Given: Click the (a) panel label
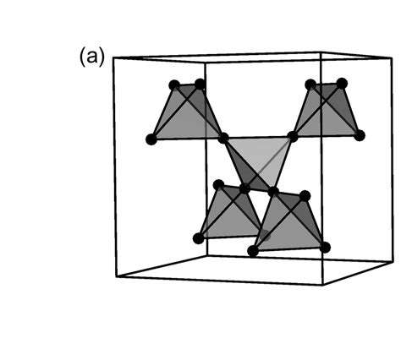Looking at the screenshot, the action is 92,57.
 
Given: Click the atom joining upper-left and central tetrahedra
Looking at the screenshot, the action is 223,138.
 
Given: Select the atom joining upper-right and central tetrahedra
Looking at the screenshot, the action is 293,137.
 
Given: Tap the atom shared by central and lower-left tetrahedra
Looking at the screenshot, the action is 244,188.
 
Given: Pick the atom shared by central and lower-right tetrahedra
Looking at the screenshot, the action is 273,192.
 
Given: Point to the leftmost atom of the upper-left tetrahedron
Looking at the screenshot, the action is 151,139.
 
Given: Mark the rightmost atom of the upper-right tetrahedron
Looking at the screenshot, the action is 360,135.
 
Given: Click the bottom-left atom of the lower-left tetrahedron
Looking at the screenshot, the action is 199,238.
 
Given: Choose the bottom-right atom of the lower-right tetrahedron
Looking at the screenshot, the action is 325,248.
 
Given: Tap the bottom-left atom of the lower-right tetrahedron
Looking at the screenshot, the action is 253,251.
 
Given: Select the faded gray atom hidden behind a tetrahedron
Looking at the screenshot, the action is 265,236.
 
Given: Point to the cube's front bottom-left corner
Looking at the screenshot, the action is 116,277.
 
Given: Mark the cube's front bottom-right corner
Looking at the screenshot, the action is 323,285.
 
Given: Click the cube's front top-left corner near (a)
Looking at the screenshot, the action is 113,57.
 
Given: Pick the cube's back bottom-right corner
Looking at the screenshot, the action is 393,262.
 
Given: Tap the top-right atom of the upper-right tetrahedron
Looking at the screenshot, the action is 342,83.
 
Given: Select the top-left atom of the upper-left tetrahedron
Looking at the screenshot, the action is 174,85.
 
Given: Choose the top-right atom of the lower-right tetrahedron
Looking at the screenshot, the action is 305,196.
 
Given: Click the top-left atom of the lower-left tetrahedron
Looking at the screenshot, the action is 218,185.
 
